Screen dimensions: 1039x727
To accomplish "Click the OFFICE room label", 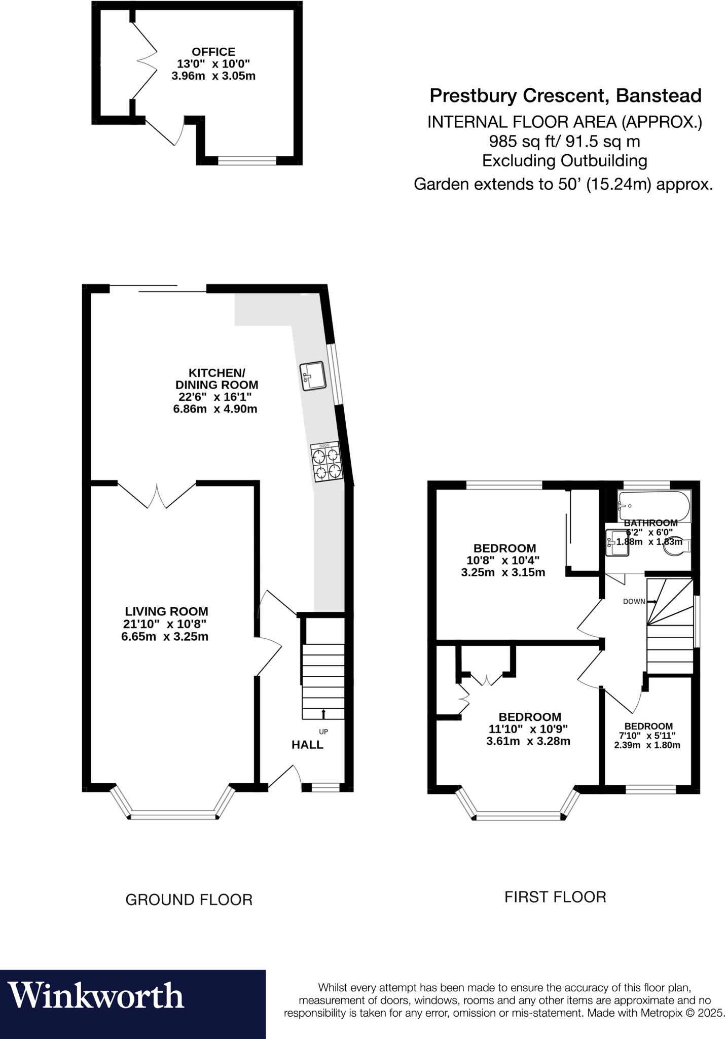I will pos(213,52).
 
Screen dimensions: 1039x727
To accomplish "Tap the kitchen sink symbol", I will pos(312,376).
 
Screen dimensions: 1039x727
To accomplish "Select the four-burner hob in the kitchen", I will pos(325,462).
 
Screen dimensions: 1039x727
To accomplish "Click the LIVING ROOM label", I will pos(166,612).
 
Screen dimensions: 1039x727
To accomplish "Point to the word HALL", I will pos(307,745).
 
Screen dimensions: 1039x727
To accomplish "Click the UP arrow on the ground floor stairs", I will pos(323,714).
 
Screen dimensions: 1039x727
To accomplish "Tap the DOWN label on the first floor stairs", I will pos(634,602).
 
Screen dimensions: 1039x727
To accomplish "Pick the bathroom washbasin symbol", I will pos(618,543).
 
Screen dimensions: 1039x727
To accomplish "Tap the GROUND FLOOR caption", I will pos(189,900).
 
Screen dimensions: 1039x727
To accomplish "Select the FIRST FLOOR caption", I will pos(555,897).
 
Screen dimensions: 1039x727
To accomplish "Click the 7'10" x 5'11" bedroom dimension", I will pos(647,736).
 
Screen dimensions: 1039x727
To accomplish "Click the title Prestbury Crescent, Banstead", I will pos(565,95).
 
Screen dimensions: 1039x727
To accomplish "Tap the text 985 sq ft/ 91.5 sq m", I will pos(564,141).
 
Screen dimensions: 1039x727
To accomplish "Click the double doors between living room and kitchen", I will pos(157,495).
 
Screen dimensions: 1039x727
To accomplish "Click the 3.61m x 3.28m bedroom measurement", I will pos(528,741).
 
